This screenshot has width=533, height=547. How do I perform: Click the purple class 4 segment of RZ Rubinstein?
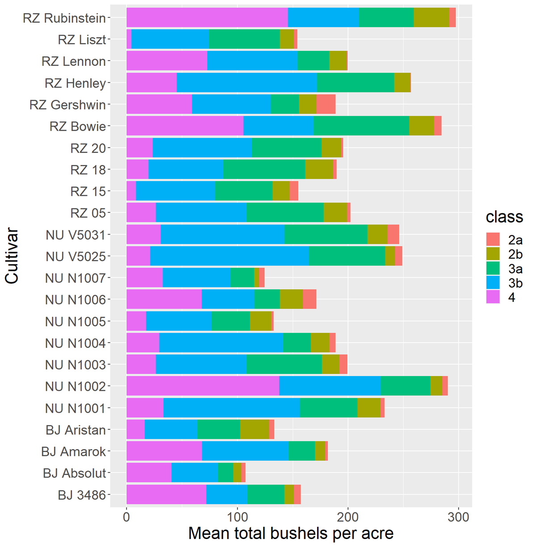[207, 17]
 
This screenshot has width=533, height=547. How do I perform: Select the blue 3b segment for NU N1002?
[330, 386]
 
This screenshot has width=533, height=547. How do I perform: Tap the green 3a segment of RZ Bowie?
[361, 126]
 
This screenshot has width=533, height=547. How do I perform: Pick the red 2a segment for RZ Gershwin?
[326, 104]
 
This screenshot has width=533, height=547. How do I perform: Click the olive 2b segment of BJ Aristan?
[255, 429]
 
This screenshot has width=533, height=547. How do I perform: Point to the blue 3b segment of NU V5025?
[229, 256]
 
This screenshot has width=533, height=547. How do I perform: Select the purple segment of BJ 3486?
[166, 494]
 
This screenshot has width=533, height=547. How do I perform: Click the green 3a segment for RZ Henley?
[355, 83]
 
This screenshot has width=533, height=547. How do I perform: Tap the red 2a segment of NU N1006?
[310, 299]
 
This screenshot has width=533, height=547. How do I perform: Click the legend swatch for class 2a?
[493, 240]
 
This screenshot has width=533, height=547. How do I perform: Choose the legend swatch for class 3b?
[493, 283]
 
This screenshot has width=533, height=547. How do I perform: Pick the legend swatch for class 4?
[493, 297]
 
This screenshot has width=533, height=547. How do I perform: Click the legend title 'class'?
[504, 217]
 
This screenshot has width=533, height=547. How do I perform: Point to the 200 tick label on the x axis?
[348, 517]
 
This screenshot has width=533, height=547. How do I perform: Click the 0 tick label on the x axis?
[126, 517]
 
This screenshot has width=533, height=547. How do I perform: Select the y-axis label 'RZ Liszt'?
[82, 40]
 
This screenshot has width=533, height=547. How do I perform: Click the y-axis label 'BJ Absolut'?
[74, 473]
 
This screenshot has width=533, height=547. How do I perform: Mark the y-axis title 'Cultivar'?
[12, 256]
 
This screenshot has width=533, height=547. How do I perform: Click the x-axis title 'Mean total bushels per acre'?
[291, 534]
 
